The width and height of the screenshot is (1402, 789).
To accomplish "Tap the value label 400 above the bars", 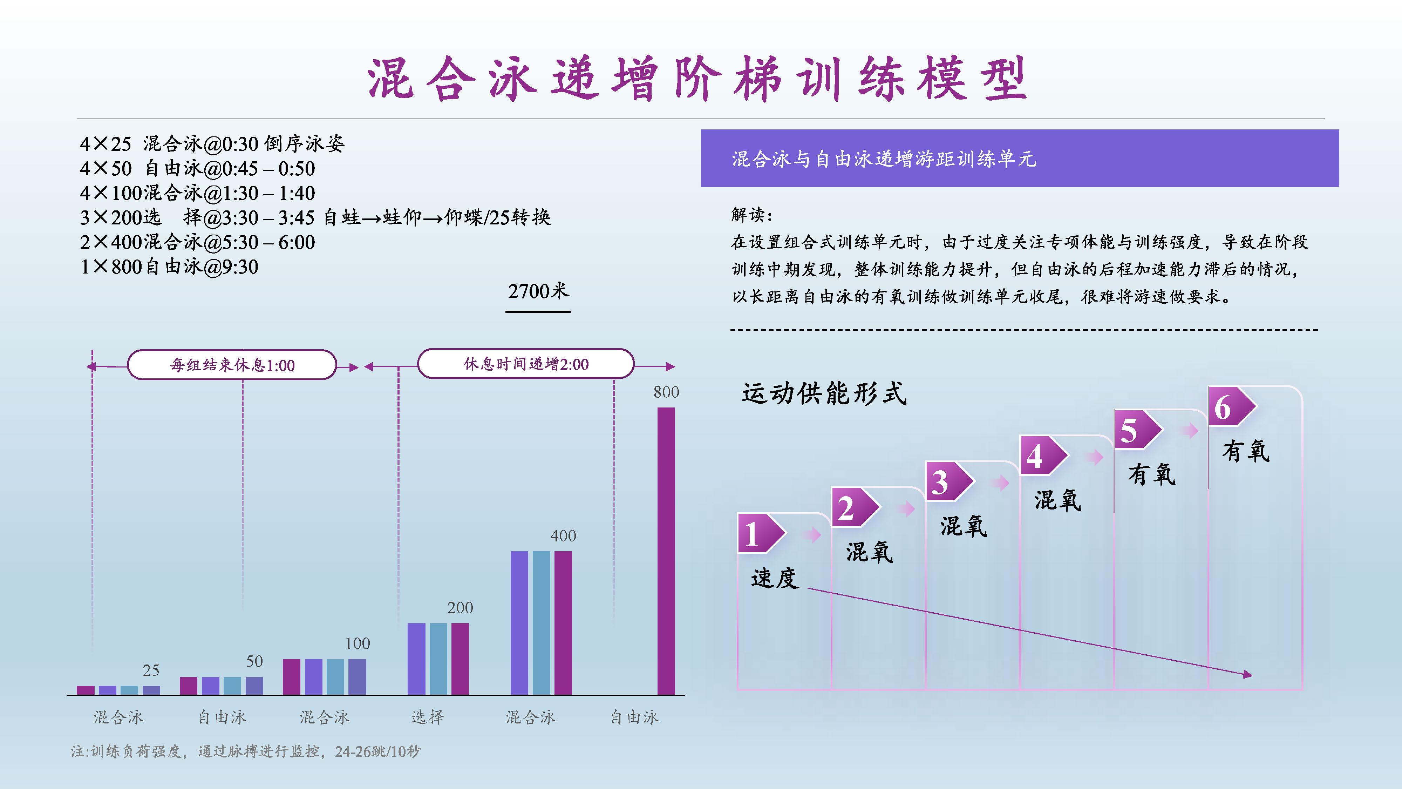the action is click(563, 536).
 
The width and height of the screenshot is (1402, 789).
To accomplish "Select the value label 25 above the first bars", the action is click(151, 670).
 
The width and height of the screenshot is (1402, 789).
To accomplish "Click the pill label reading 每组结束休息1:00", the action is click(232, 365).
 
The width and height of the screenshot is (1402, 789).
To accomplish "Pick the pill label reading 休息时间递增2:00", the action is click(526, 364).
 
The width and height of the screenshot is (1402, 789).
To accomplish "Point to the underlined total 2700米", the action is click(538, 291).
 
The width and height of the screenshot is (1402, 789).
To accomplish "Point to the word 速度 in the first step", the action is click(775, 578).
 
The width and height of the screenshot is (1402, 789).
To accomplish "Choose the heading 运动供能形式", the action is click(824, 393).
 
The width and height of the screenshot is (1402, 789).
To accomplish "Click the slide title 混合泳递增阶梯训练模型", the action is click(697, 79).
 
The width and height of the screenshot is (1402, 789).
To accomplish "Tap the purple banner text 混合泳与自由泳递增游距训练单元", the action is click(884, 159).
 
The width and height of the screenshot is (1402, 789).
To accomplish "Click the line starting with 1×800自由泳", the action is click(169, 267).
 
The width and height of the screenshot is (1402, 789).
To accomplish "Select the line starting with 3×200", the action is click(315, 217).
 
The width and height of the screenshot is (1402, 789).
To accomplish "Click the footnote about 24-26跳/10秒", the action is click(245, 751).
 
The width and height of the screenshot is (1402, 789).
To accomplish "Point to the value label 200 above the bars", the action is click(460, 608).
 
